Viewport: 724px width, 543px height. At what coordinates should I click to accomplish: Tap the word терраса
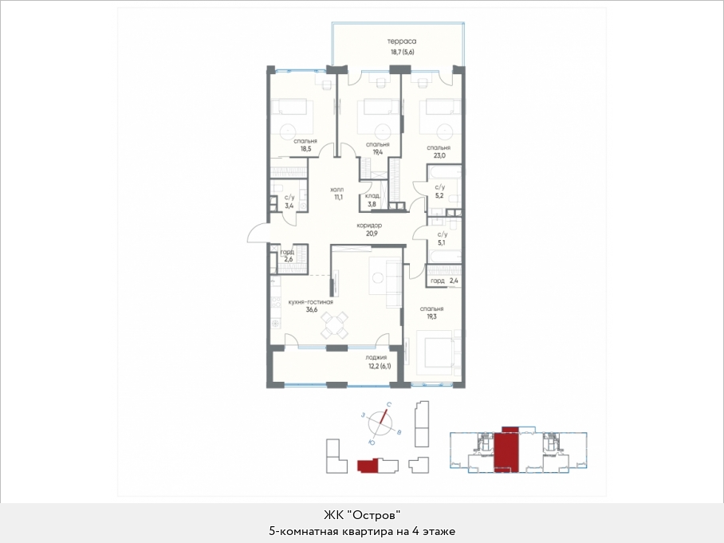[x=402, y=41]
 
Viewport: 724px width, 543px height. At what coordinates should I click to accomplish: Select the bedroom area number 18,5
[x=305, y=149]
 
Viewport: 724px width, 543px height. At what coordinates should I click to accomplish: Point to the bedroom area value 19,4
[x=377, y=152]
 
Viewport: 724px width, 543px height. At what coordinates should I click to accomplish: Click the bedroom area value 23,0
[x=439, y=155]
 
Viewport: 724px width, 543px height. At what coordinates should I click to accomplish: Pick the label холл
[x=337, y=190]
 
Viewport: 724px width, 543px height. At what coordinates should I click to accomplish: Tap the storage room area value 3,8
[x=372, y=203]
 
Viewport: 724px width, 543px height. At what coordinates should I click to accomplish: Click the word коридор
[x=369, y=226]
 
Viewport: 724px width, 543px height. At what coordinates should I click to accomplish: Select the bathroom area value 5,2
[x=440, y=196]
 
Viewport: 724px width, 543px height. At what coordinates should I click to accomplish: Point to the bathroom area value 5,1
[x=442, y=242]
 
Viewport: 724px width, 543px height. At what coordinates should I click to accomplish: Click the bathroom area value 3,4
[x=289, y=206]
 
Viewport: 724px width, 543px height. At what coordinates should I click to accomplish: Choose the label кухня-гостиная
[x=311, y=302]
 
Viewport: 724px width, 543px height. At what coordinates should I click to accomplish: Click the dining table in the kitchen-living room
[x=334, y=325]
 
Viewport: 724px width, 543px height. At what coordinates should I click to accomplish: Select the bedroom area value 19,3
[x=431, y=317]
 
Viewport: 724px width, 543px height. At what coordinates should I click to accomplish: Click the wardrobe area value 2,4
[x=454, y=281]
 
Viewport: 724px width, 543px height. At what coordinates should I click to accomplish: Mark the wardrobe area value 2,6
[x=289, y=259]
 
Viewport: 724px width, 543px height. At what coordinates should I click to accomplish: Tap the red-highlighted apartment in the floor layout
[x=506, y=449]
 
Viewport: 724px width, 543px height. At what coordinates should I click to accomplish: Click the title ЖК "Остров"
[x=362, y=515]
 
